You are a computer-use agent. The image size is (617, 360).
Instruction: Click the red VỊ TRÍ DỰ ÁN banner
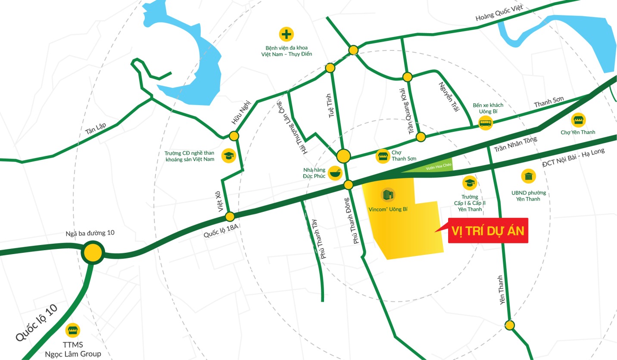(x=487, y=230)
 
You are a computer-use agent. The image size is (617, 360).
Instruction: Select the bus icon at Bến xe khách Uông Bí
(x=486, y=124)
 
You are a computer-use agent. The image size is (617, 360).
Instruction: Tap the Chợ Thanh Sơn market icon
(x=382, y=156)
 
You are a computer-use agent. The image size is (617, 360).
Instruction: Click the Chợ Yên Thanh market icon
(x=577, y=120)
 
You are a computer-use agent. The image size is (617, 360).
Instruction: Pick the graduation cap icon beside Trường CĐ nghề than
(x=228, y=156)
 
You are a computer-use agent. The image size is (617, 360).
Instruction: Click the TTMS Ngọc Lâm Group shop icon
(x=73, y=330)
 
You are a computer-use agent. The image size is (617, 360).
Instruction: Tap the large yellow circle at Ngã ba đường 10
(x=93, y=253)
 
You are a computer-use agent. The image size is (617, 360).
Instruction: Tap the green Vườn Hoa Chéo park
(x=435, y=169)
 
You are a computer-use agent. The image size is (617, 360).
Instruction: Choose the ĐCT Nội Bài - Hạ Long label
(x=574, y=157)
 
